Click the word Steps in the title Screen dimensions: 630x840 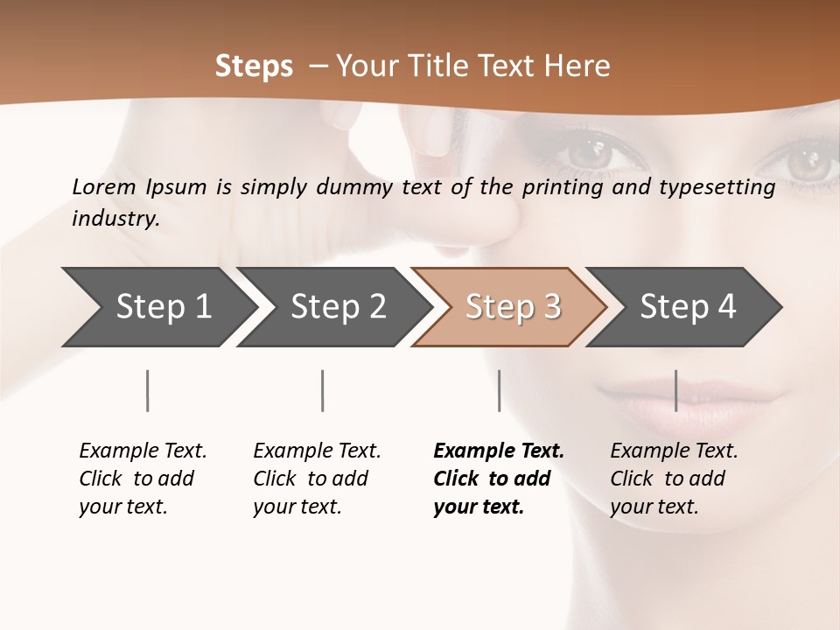(x=254, y=66)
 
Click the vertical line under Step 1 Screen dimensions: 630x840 (x=148, y=390)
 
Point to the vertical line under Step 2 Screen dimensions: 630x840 (x=323, y=390)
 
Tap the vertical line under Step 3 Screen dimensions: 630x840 (x=499, y=390)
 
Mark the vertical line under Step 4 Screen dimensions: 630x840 (x=676, y=390)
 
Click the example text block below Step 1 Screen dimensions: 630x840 (x=143, y=479)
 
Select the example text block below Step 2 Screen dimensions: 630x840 (x=317, y=479)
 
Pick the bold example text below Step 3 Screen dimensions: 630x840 (x=499, y=479)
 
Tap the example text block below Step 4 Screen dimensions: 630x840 (x=674, y=479)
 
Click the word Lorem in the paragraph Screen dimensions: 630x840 (x=104, y=186)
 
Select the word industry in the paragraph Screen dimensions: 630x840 (x=115, y=219)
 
